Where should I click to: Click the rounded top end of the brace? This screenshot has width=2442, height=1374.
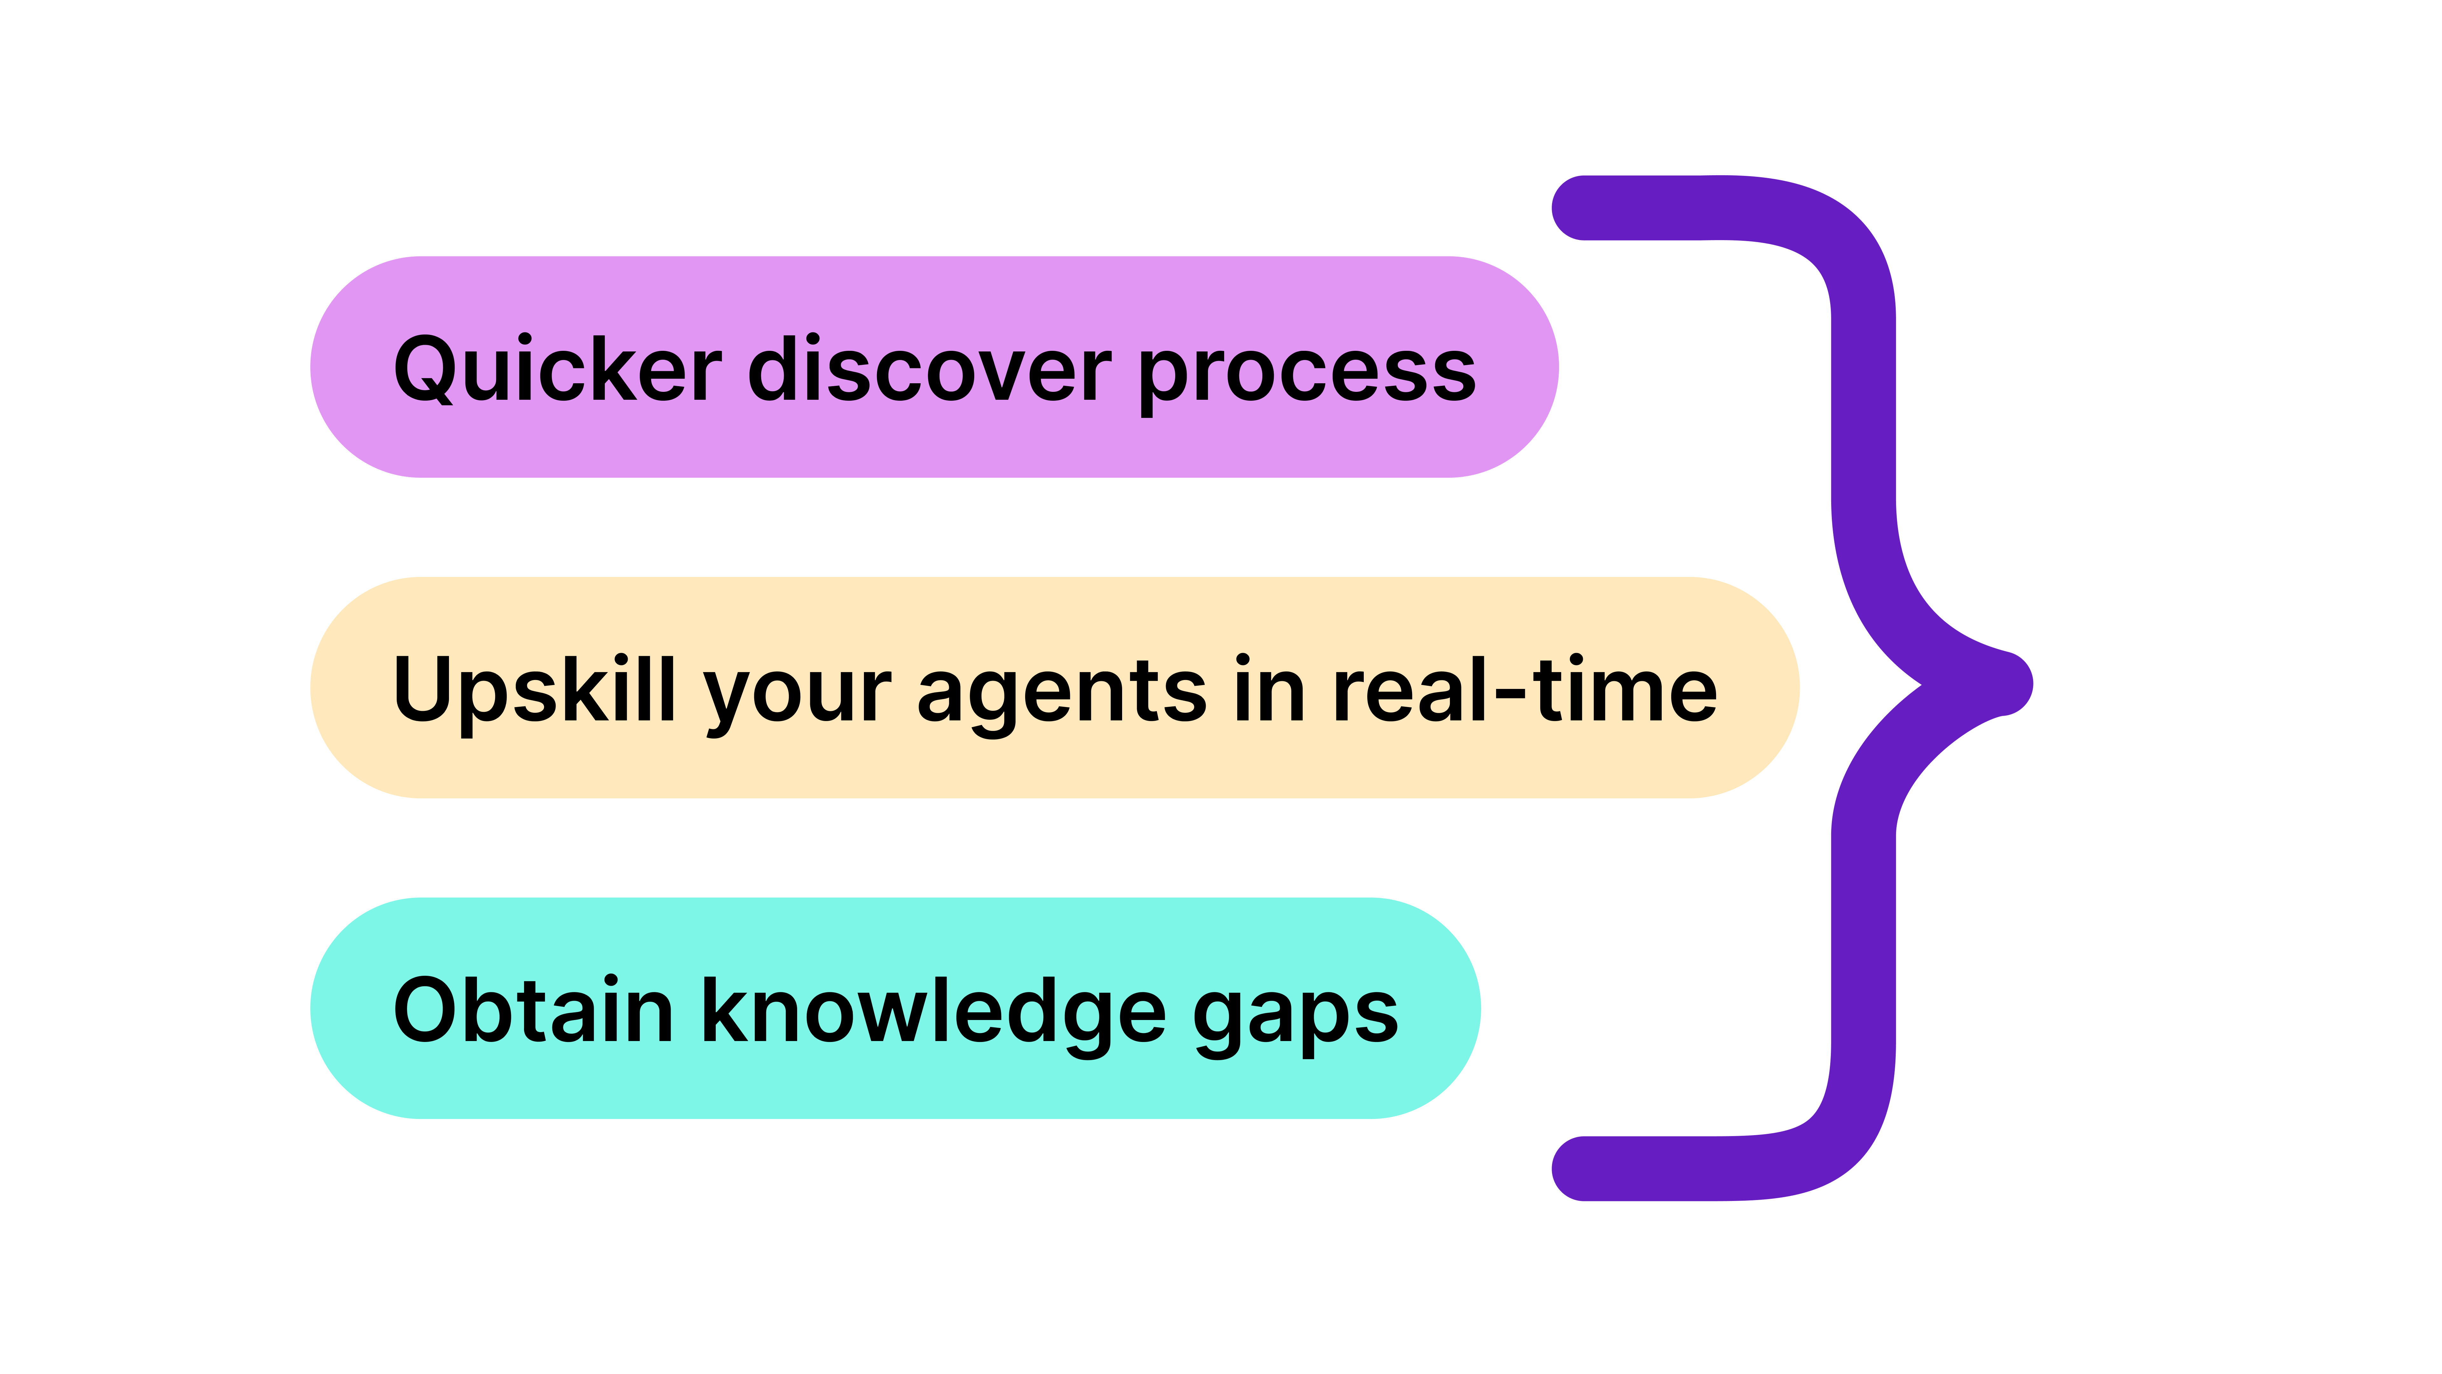[x=1569, y=208]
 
